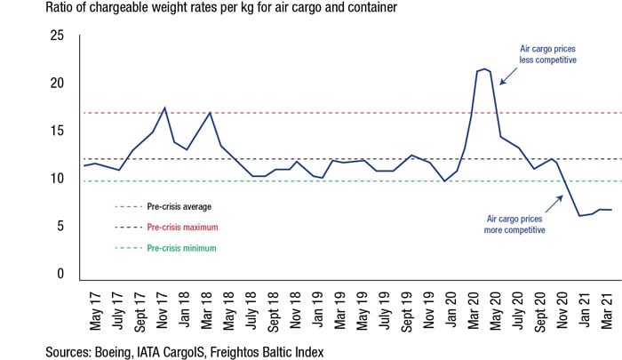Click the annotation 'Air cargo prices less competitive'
[548, 54]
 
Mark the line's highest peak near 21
[483, 68]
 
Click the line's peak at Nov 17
[164, 108]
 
